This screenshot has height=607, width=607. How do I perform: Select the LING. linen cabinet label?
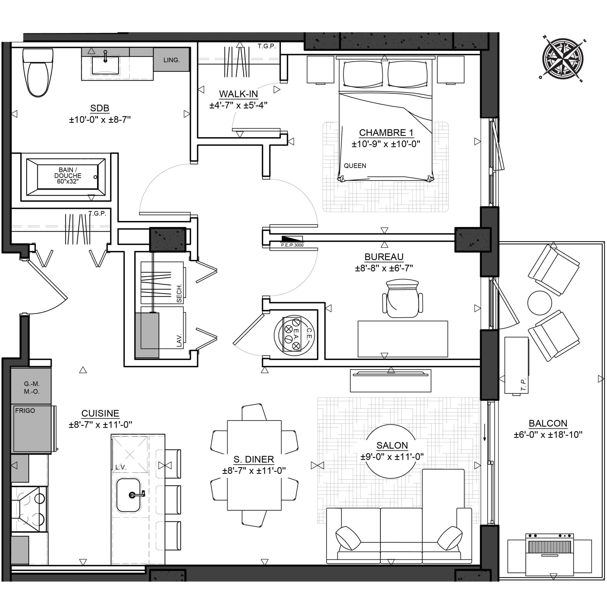[x=171, y=60]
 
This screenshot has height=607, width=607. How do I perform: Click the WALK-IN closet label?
[x=239, y=94]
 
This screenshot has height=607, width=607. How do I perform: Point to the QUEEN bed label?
[x=355, y=166]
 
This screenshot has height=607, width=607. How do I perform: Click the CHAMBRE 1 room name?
[x=386, y=133]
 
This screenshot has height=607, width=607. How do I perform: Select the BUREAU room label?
[x=384, y=257]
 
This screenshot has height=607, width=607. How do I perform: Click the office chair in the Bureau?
[x=402, y=299]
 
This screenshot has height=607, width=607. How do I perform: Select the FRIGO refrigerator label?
[x=25, y=410]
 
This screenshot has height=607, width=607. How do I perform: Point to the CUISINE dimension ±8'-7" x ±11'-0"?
[x=101, y=424]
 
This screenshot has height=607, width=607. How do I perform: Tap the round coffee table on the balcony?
[x=540, y=303]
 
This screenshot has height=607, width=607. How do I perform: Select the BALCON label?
[x=548, y=423]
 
